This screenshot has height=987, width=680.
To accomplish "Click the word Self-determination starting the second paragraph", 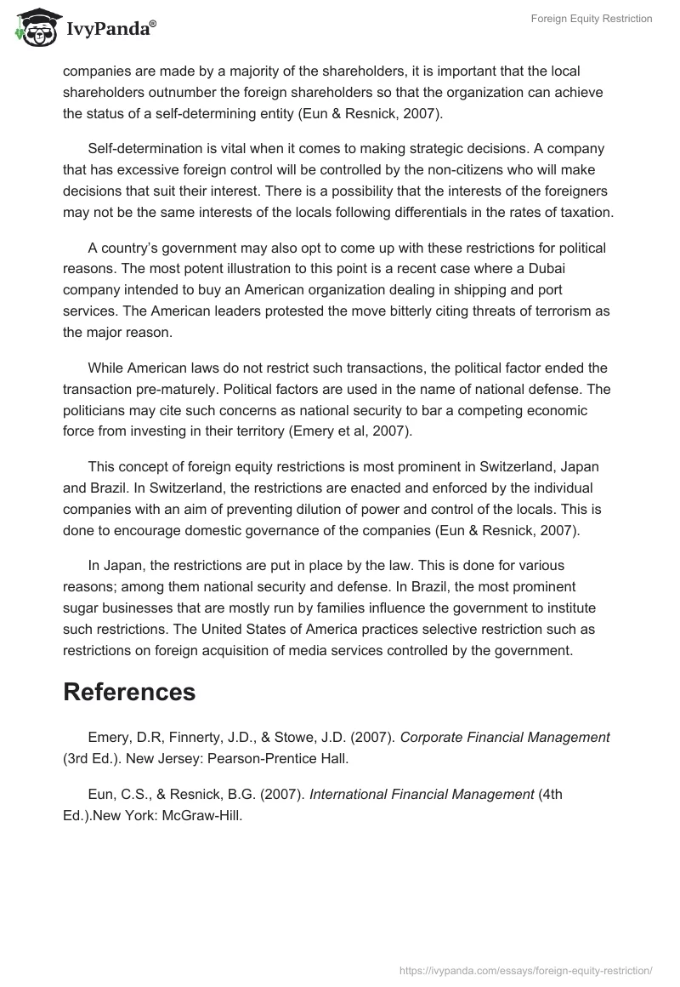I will pyautogui.click(x=150, y=148).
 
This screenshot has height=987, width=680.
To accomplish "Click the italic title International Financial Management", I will pyautogui.click(x=422, y=795).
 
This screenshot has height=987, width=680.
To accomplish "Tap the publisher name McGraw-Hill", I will pyautogui.click(x=194, y=815).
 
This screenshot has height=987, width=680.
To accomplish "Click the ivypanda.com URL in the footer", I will pyautogui.click(x=525, y=969).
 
